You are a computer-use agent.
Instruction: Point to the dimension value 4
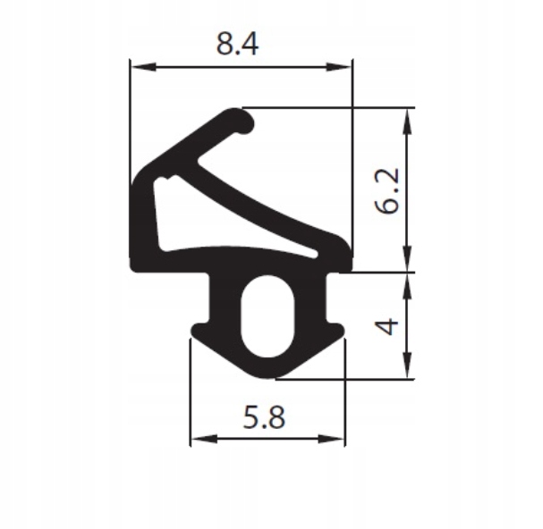386,325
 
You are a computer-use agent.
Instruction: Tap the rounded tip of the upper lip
242,120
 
